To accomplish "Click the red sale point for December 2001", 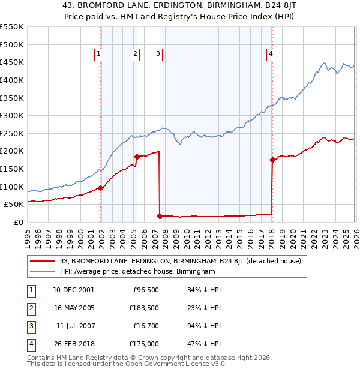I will click(101, 188).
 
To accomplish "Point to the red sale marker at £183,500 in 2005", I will click(137, 157).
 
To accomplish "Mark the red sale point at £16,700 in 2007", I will click(160, 216).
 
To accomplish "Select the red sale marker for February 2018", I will click(272, 160).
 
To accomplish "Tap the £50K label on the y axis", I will click(14, 205).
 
